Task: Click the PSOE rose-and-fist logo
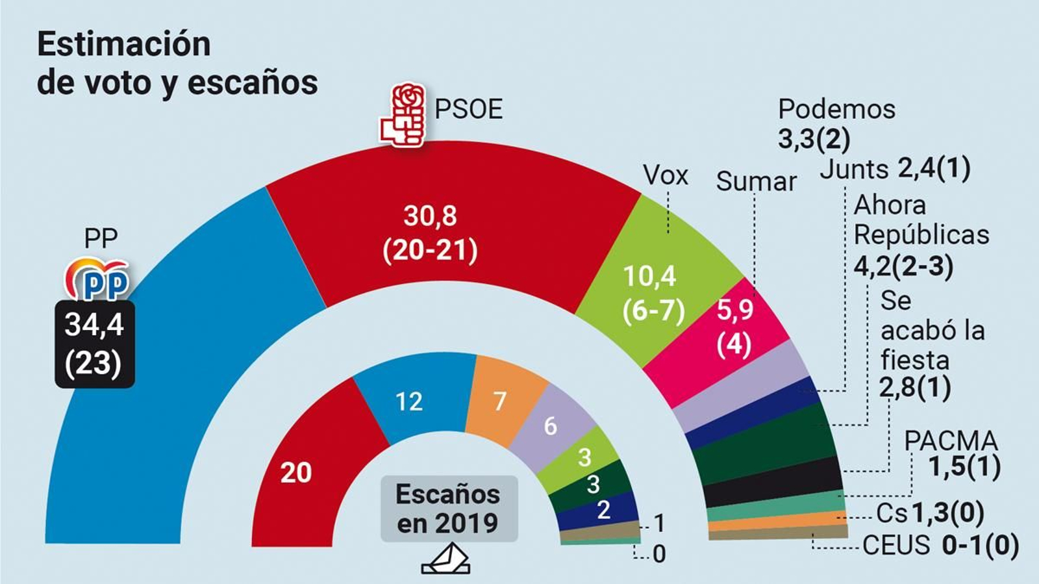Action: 403,114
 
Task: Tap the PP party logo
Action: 97,280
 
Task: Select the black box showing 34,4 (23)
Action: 95,344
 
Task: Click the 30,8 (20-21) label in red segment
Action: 430,233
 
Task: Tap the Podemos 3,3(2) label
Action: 836,123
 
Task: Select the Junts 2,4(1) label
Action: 894,169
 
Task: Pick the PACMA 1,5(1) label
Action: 951,453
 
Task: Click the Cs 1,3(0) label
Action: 929,513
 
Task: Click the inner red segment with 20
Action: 296,472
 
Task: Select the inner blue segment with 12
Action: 410,401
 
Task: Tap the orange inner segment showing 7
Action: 500,401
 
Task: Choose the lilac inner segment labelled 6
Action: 550,425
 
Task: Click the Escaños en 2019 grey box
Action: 449,509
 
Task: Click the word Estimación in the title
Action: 124,44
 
